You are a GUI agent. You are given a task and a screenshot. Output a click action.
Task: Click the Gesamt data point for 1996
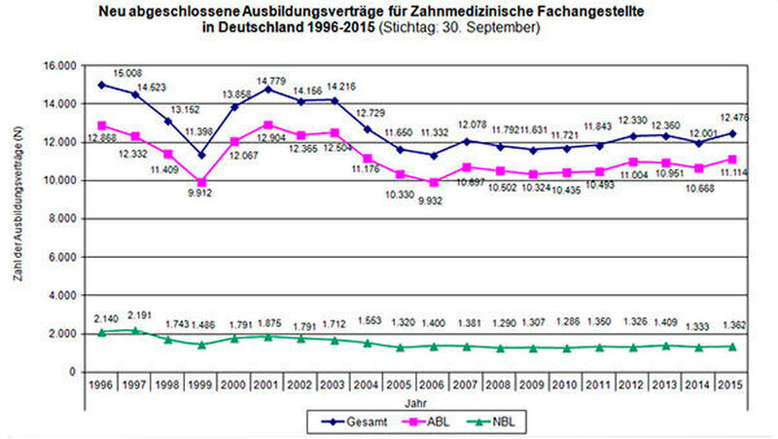(102, 85)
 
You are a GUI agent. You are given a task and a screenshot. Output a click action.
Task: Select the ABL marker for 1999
(201, 182)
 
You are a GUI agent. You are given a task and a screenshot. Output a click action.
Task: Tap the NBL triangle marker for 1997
(136, 330)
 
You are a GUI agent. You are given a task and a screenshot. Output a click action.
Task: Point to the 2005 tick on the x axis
(400, 385)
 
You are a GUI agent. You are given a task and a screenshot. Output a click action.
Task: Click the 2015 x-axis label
(731, 385)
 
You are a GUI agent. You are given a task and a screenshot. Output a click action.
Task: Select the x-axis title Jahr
(417, 401)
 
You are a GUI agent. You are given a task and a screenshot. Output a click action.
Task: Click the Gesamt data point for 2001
(267, 89)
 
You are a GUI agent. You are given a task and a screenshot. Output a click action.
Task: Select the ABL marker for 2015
(731, 160)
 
